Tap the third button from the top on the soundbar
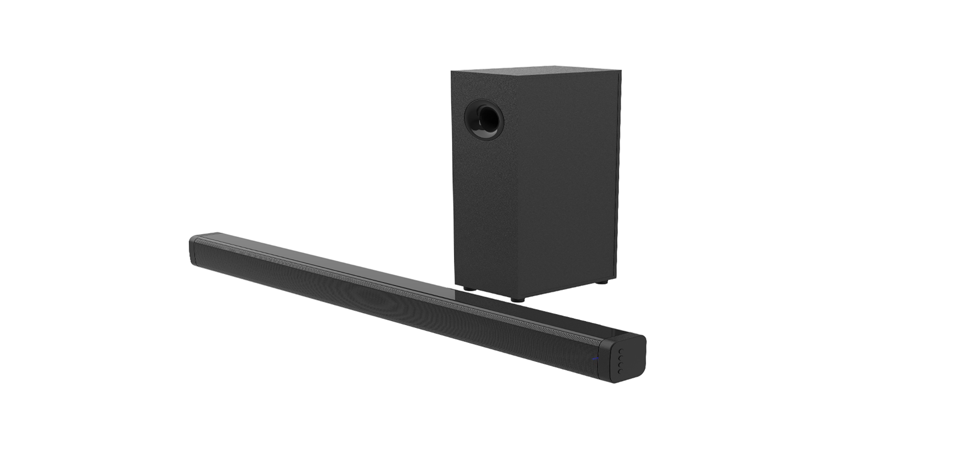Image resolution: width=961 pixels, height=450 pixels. coord(620,364)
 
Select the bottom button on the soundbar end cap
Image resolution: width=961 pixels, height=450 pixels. coord(620,371)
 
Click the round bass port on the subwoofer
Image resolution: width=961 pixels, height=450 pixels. coord(484,119)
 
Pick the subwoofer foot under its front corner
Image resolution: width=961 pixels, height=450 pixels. coord(517,299)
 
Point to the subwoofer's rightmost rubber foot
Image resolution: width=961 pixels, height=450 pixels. coord(602,282)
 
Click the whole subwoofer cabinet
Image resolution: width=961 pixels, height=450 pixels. coord(536,180)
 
